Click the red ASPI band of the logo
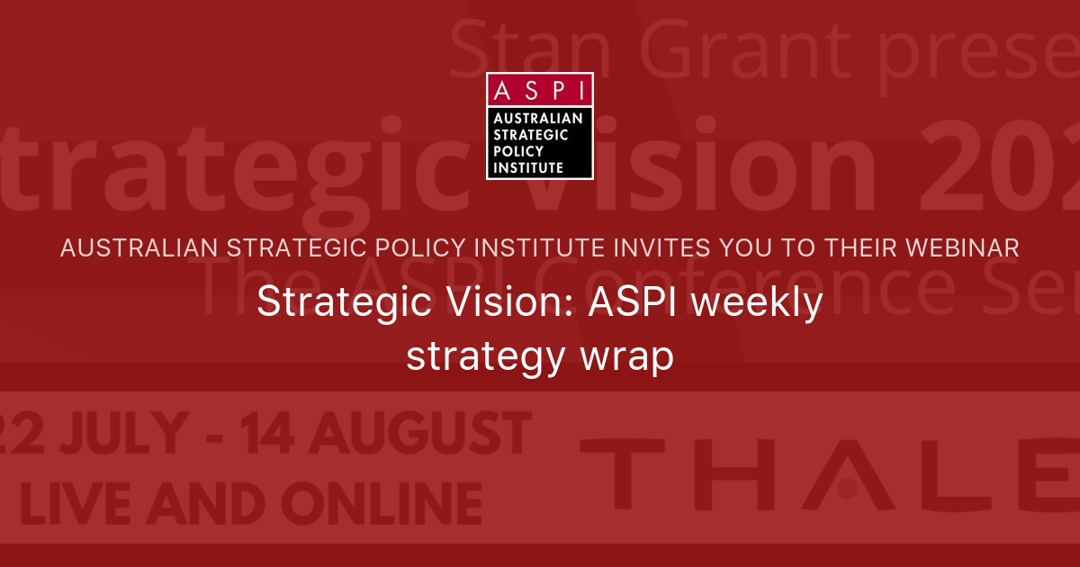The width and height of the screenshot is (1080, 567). click(539, 89)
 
